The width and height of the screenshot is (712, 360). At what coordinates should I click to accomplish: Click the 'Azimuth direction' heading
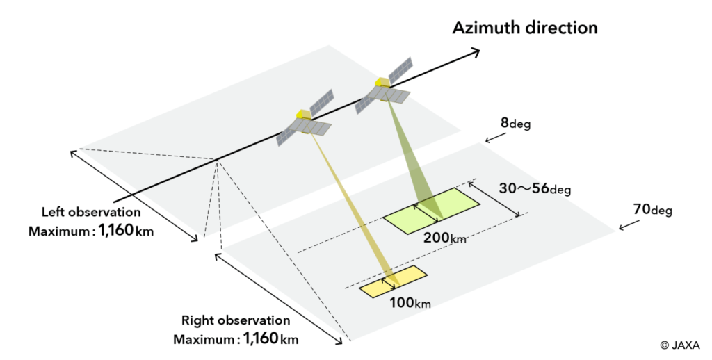[x=525, y=28]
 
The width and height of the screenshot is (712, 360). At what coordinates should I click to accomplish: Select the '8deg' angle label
[x=515, y=124]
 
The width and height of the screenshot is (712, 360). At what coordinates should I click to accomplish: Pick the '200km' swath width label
[x=445, y=238]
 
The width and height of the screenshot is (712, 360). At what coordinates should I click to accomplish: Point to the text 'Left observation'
[x=91, y=212]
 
